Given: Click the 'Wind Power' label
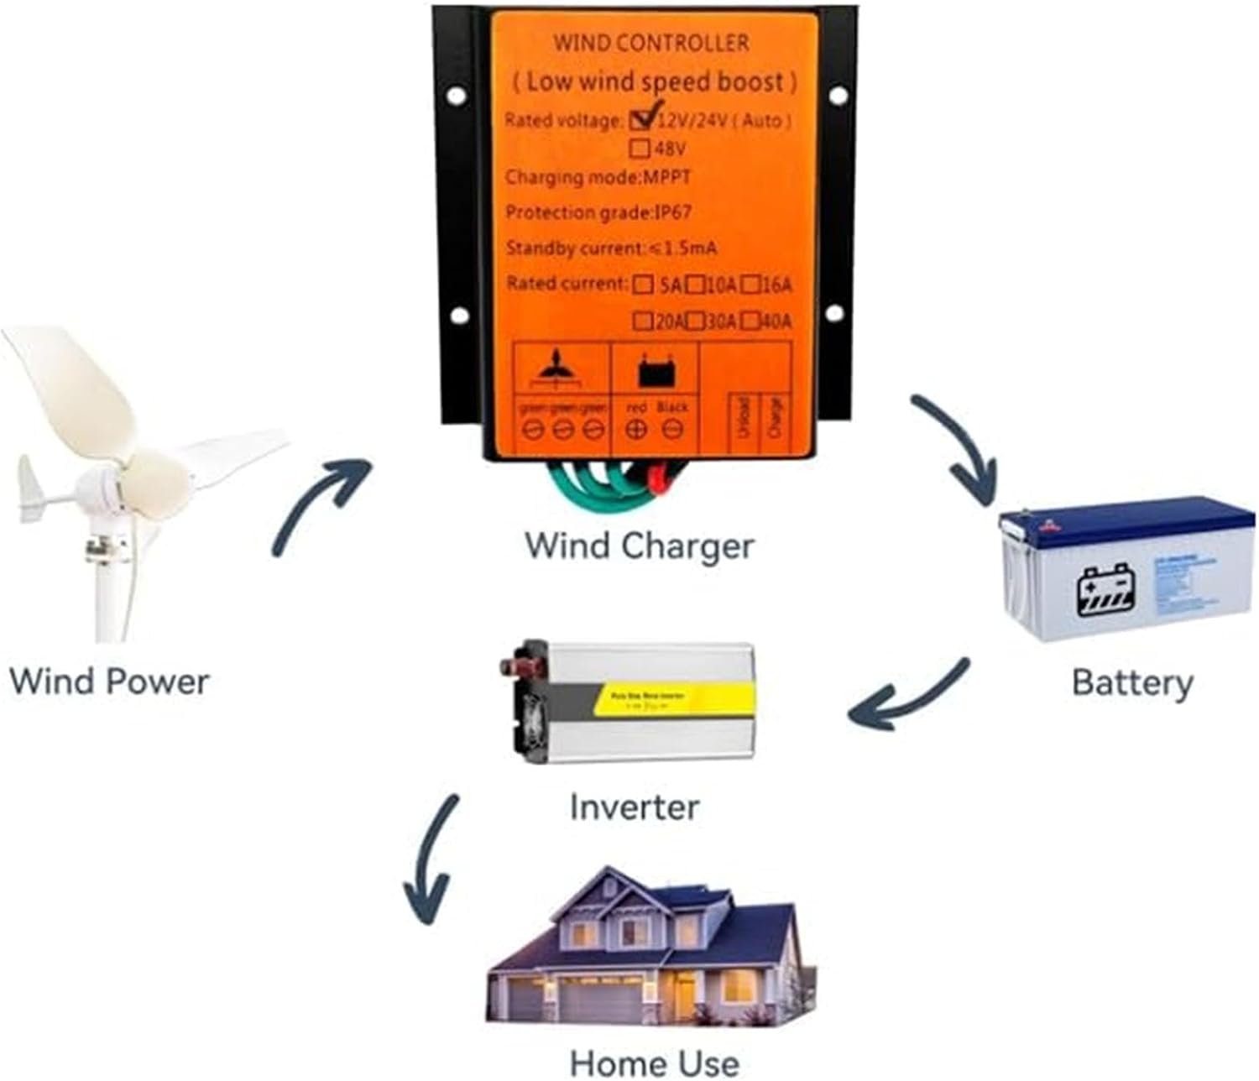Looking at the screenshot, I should (109, 681).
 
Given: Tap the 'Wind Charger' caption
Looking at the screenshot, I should (640, 546).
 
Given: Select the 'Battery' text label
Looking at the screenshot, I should (1132, 682).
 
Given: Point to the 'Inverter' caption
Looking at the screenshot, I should (634, 807).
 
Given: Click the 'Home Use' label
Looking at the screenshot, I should (655, 1063).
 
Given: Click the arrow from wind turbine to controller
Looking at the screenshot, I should (323, 504).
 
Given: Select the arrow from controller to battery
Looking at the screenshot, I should (957, 449).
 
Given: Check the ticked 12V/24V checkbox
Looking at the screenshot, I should (642, 119).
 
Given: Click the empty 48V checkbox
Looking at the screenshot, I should (640, 149).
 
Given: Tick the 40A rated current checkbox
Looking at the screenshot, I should (750, 321).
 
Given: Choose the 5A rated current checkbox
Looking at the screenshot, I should (644, 285).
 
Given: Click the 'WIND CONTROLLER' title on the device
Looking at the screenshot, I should (650, 43).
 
